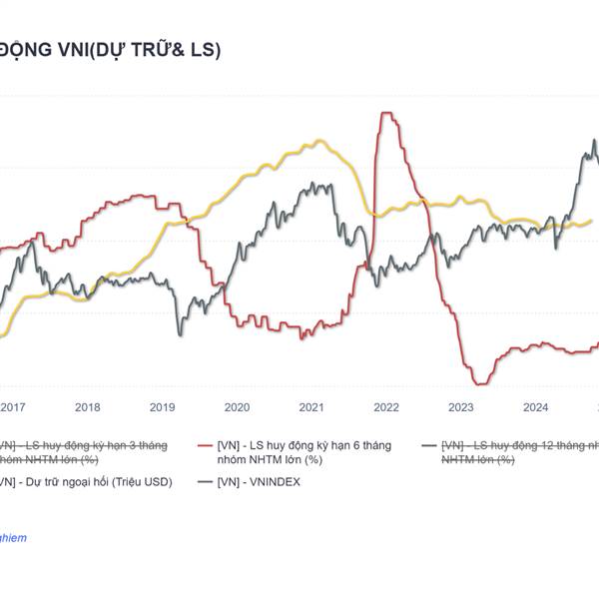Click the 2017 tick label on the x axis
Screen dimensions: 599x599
13,406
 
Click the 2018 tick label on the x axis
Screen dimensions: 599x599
88,406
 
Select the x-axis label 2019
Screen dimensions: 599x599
162,406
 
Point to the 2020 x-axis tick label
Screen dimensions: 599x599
237,406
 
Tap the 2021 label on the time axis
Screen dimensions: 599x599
311,406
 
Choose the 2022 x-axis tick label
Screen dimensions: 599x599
386,406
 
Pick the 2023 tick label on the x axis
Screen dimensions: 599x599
461,406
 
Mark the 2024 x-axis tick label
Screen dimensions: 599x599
536,406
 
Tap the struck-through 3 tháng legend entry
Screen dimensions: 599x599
85,451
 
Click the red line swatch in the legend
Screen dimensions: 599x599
206,445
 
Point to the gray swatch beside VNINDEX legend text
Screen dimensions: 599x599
206,481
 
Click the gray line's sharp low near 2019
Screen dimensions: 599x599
181,333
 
